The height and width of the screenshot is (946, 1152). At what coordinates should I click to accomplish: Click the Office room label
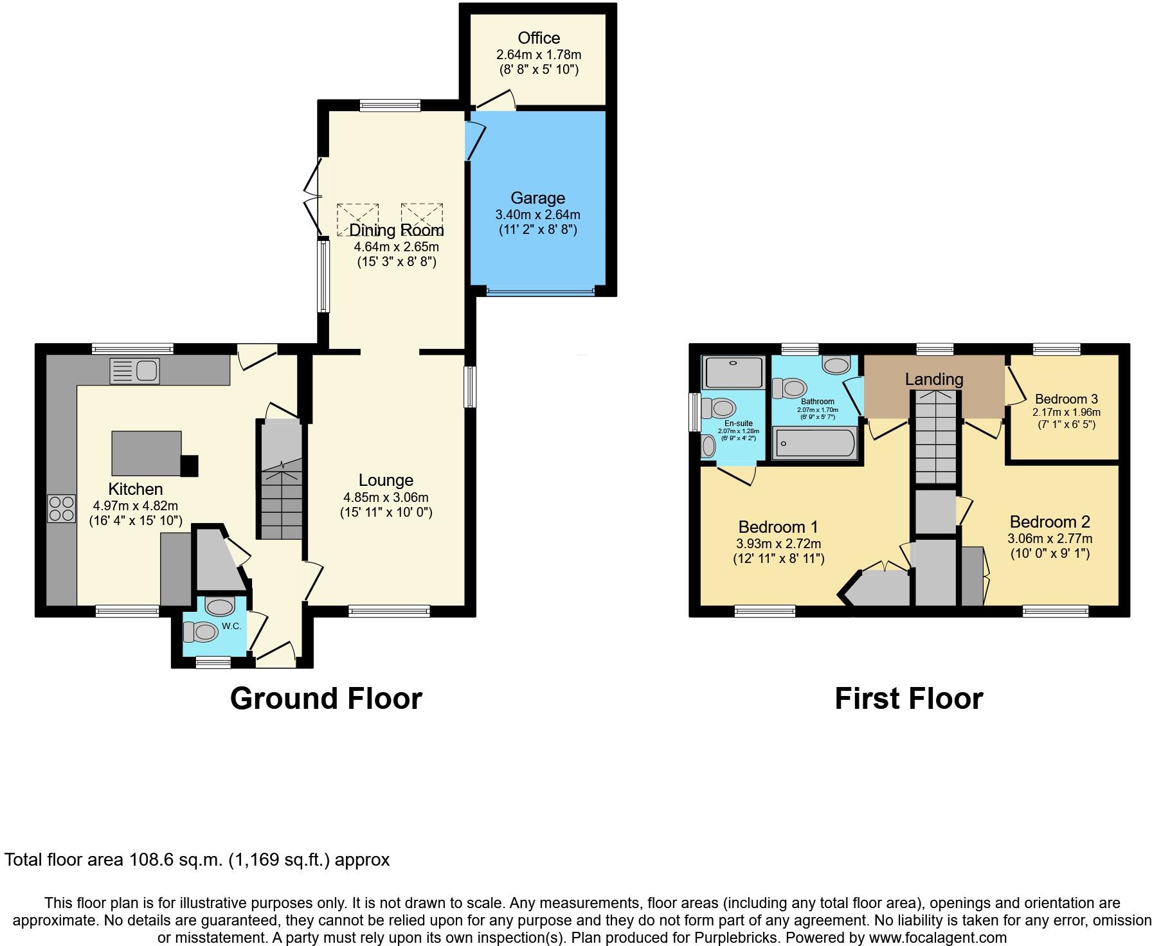539,38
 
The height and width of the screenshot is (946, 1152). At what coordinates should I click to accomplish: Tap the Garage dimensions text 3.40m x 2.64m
537,215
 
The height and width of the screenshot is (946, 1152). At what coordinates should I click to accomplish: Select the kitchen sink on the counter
135,371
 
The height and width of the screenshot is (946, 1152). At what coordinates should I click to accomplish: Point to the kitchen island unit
147,452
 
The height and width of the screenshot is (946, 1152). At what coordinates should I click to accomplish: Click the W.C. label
231,626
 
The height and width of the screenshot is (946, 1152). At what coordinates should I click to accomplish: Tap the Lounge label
386,480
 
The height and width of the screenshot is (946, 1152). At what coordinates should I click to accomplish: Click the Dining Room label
397,230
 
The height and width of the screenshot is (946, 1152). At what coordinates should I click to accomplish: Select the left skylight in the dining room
358,219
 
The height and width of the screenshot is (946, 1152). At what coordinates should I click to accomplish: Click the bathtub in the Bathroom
815,443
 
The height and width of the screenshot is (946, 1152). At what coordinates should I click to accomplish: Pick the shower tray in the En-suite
734,372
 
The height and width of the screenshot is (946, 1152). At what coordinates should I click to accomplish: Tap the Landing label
934,379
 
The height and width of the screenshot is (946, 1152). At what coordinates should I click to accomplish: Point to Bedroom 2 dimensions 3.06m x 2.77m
1050,539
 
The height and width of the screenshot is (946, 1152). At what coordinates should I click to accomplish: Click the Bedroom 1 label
778,527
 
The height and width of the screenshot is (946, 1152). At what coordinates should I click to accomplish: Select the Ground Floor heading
326,699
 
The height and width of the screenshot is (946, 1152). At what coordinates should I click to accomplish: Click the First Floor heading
908,699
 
